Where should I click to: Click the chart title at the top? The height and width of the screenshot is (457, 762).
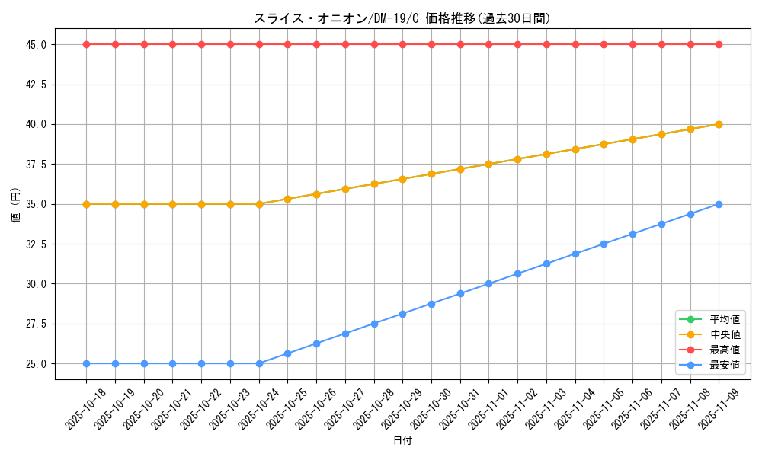coord(402,18)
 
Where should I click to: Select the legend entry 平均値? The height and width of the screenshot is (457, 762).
coord(725,319)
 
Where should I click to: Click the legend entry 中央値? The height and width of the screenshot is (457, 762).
coord(725,334)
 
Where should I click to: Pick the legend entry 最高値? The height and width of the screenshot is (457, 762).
coord(725,350)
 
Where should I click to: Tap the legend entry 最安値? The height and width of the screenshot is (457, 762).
coord(725,365)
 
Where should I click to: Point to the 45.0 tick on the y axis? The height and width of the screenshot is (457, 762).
coord(36,45)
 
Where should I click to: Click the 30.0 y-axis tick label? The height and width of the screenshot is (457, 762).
coord(36,284)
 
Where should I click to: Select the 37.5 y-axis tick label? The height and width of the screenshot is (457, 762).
coord(36,165)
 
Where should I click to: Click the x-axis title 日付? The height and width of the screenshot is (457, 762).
coord(402,441)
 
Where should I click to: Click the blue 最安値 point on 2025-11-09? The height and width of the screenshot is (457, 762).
coord(719,204)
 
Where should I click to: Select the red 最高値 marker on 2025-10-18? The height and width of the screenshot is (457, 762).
coord(86,44)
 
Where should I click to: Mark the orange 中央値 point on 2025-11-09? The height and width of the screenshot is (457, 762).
coord(719,124)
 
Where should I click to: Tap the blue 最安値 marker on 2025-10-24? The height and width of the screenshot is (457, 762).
coord(259,363)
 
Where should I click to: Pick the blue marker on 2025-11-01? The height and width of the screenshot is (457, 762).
coord(488,284)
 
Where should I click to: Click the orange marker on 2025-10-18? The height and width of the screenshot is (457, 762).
coord(86,204)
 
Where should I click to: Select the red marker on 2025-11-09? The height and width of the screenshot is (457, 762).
coord(719,44)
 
